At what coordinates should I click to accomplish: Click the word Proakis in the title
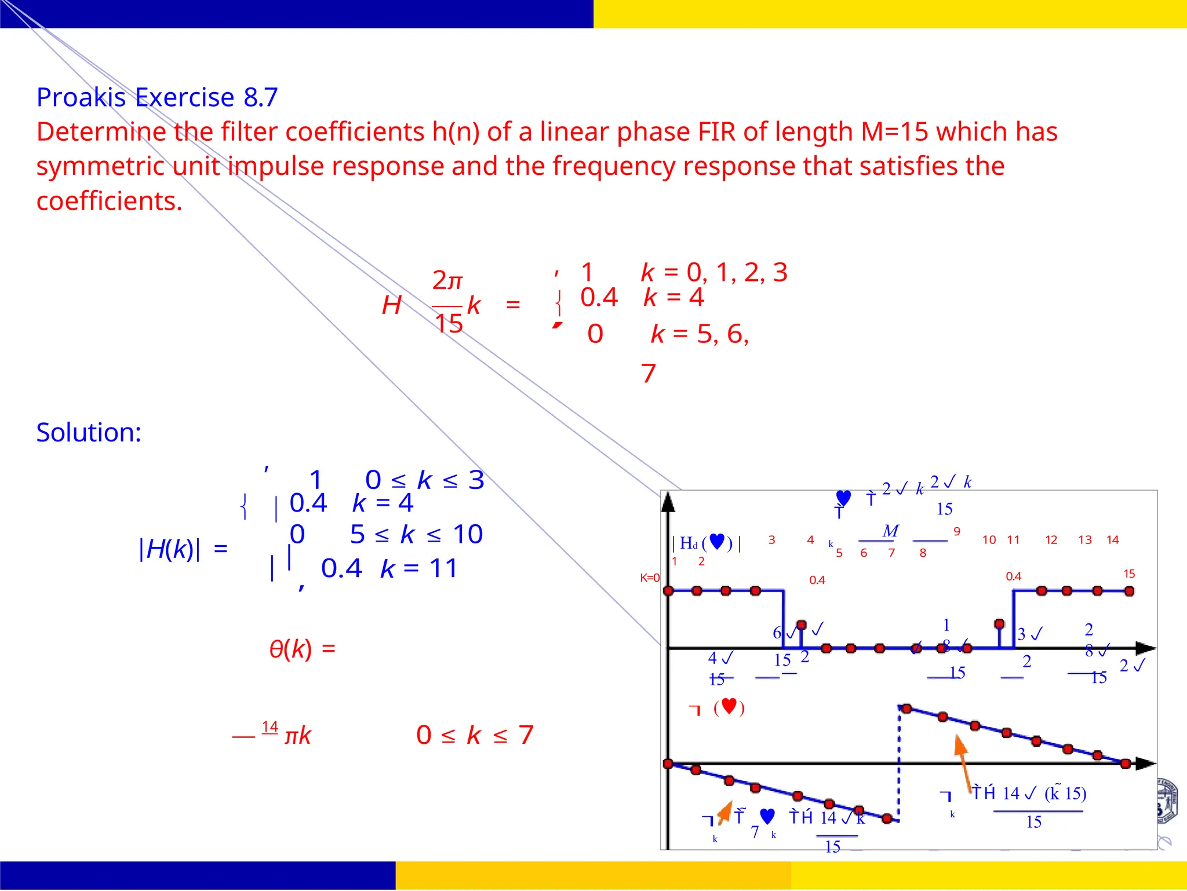[x=81, y=97]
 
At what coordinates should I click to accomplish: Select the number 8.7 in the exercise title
[x=261, y=97]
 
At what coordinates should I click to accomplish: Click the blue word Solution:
[x=89, y=433]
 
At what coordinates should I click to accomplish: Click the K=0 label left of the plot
[x=650, y=578]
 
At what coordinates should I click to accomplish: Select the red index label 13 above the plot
[x=1085, y=540]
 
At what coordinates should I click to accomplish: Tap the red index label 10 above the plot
[x=989, y=540]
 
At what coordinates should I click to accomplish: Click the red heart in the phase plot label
[x=729, y=706]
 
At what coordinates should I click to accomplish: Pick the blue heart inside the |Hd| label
[x=717, y=542]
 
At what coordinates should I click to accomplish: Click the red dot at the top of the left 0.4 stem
[x=802, y=625]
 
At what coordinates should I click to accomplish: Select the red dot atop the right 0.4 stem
[x=999, y=624]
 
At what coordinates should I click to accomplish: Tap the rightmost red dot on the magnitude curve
[x=1129, y=591]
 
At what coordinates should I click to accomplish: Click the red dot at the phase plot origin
[x=668, y=764]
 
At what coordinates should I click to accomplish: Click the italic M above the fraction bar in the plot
[x=890, y=531]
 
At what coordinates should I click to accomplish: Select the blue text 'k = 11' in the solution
[x=419, y=568]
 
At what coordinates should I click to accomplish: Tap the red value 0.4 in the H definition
[x=599, y=298]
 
